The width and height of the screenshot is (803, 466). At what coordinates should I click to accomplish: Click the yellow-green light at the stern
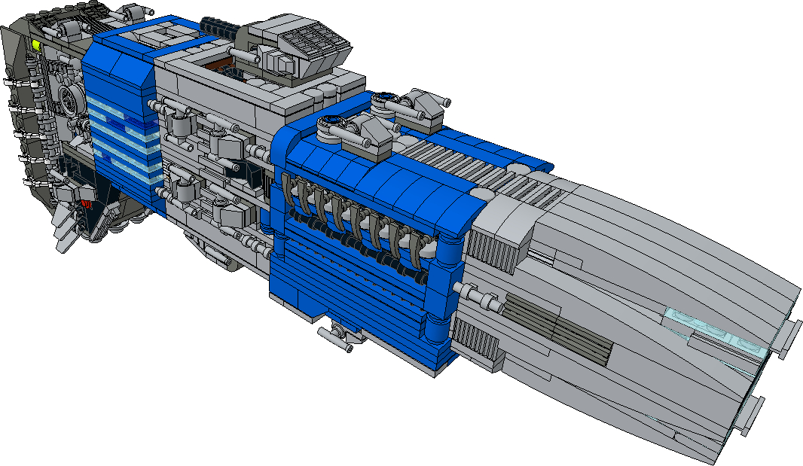(x=36, y=45)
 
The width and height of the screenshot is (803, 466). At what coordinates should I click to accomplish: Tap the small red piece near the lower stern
(x=86, y=203)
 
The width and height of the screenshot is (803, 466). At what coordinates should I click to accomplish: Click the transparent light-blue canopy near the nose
(x=716, y=331)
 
